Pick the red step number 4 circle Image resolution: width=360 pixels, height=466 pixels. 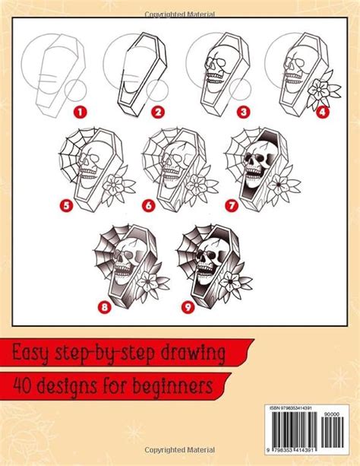(321, 112)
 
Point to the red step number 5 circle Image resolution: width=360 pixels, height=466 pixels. (67, 203)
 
